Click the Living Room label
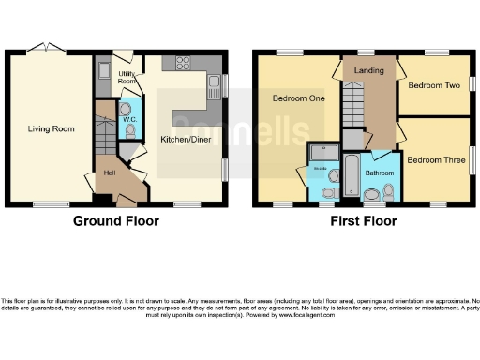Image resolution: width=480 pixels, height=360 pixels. (x=51, y=129)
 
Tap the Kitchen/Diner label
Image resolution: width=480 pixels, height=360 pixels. (x=186, y=140)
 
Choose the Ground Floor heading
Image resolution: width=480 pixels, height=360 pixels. (x=116, y=221)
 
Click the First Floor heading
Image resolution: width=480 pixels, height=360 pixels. (x=364, y=221)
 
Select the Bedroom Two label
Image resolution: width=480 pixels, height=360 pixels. (x=433, y=85)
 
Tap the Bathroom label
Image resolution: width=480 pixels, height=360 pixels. (x=379, y=173)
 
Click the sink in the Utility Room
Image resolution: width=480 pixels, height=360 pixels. (x=105, y=73)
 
